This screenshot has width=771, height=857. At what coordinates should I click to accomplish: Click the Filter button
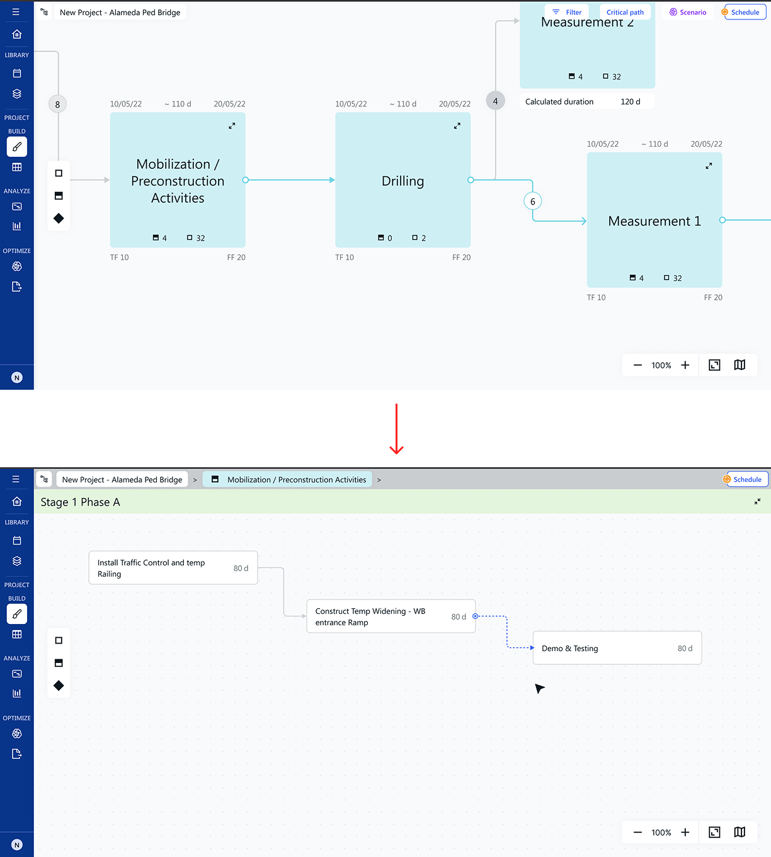point(567,12)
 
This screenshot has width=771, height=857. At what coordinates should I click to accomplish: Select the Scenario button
point(688,12)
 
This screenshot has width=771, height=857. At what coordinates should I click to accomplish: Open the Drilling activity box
point(403,180)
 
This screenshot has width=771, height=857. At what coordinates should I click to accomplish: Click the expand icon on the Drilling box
point(457,125)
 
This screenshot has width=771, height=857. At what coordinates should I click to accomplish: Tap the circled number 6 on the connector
point(532,201)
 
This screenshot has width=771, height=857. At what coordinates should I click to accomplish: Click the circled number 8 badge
point(57,105)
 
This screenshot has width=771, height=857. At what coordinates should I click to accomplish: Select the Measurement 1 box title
point(654,221)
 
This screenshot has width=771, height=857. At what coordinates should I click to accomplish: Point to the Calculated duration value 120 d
point(631,101)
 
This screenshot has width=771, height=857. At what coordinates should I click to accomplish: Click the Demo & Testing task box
point(617,648)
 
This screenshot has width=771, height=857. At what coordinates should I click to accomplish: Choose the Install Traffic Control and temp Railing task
point(173,568)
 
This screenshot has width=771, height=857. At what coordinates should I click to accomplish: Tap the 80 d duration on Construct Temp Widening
point(459,616)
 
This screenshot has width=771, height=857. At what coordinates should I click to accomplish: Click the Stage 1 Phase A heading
point(81,502)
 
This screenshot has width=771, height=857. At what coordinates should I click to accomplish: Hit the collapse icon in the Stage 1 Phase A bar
point(757,502)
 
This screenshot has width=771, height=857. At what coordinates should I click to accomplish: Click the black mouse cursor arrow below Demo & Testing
point(539,688)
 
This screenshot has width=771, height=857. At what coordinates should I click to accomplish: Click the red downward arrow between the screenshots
point(397,428)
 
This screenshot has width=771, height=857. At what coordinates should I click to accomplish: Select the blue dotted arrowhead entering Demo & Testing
point(532,648)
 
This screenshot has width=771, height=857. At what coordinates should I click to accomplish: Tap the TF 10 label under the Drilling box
point(345,257)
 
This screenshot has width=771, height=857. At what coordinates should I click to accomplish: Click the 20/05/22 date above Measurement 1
point(707,144)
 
